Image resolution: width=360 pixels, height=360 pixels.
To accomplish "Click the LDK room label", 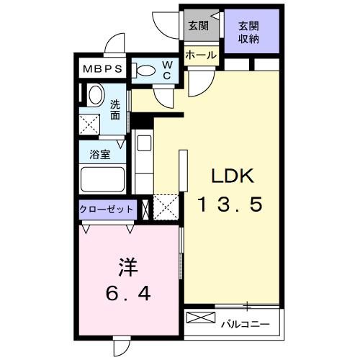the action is (233, 176).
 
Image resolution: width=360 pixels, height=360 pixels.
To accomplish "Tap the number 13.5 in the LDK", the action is (230, 204).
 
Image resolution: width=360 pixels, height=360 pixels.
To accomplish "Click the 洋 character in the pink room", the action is (128, 267).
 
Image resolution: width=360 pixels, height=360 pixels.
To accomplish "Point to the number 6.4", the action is (128, 294).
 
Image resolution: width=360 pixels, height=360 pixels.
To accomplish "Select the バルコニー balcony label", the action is (246, 325).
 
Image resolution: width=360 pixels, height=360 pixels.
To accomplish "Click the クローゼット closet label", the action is (106, 210).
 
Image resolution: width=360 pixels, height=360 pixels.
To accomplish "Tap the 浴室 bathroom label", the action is (100, 154).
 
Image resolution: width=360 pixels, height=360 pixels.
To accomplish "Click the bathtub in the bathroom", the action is (103, 179).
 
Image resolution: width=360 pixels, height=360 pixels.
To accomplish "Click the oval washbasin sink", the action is (96, 94).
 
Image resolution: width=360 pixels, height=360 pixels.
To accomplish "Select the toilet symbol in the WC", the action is (143, 71).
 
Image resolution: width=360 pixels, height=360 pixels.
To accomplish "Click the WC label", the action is (167, 70).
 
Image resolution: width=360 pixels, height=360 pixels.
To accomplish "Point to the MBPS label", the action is (102, 69).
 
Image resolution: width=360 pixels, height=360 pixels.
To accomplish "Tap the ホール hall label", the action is (201, 55).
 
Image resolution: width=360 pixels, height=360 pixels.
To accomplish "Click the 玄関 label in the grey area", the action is (198, 26).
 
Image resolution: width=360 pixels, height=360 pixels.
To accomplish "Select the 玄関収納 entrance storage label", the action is (248, 32).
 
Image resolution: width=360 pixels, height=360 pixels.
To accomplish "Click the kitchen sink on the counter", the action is (144, 143).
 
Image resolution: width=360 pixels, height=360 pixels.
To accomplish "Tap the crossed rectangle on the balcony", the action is (201, 318).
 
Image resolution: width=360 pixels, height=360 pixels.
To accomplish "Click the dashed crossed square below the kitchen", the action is (166, 207).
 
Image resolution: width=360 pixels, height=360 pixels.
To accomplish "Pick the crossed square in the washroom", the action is (89, 125).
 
